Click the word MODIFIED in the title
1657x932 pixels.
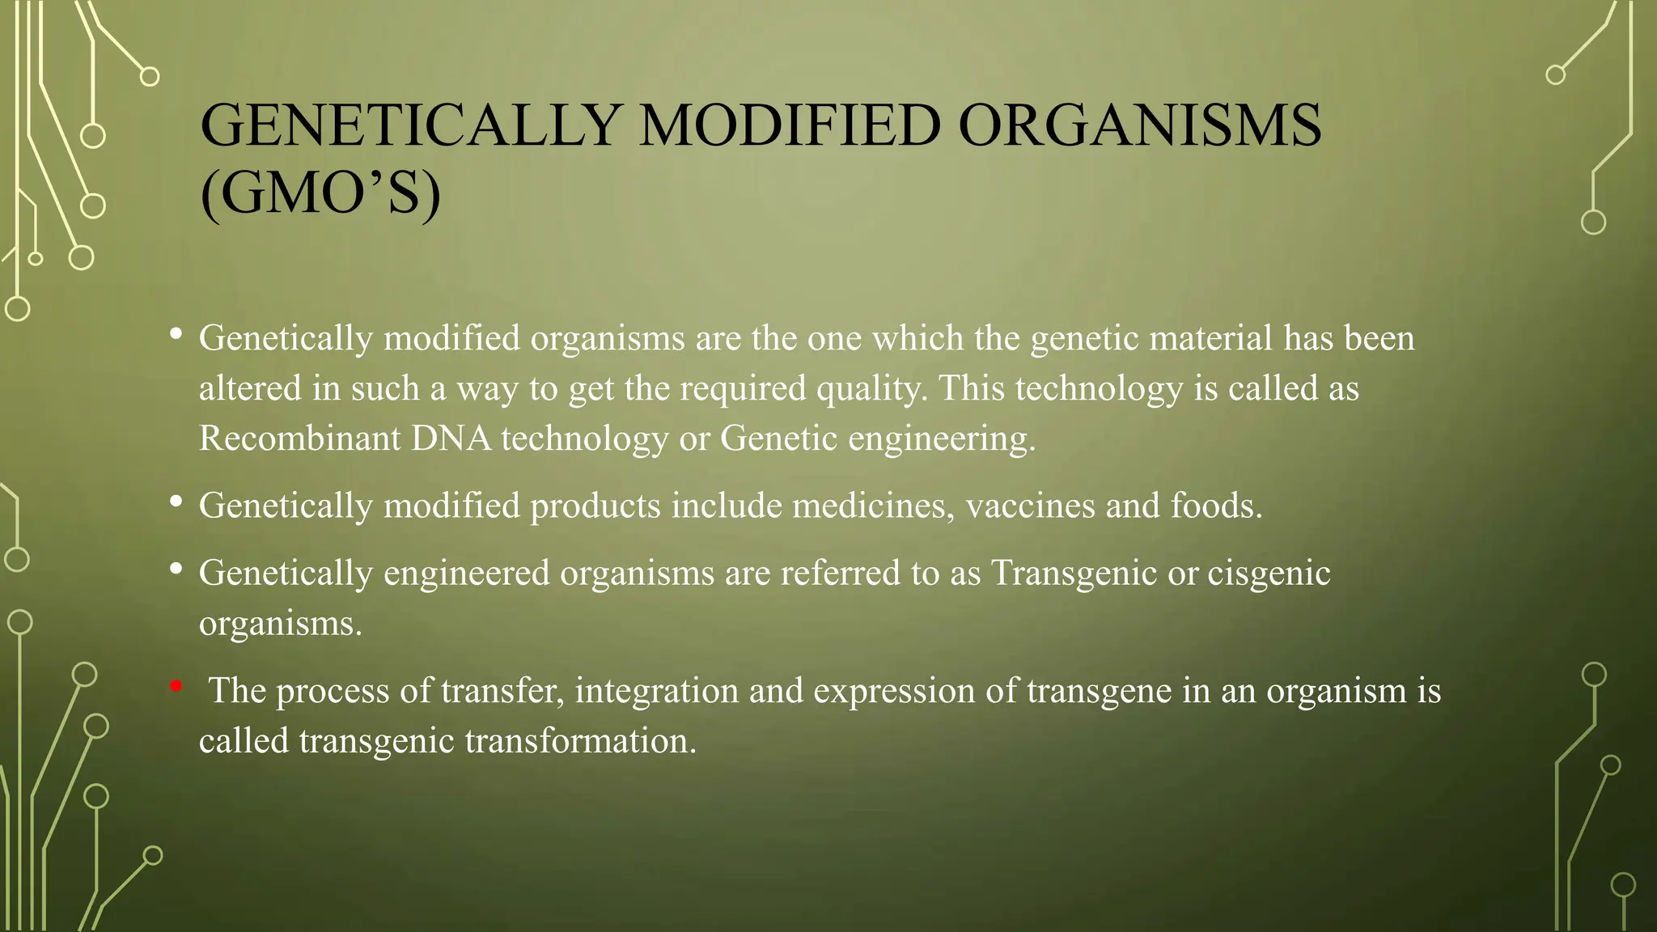pyautogui.click(x=790, y=126)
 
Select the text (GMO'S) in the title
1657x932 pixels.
pyautogui.click(x=320, y=194)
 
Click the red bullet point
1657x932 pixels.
pyautogui.click(x=176, y=687)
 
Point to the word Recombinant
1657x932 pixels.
pyautogui.click(x=300, y=438)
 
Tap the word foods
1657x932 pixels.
pyautogui.click(x=1216, y=506)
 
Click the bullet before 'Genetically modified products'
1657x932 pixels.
pyautogui.click(x=176, y=502)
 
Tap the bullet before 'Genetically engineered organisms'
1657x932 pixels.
pyautogui.click(x=176, y=569)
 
